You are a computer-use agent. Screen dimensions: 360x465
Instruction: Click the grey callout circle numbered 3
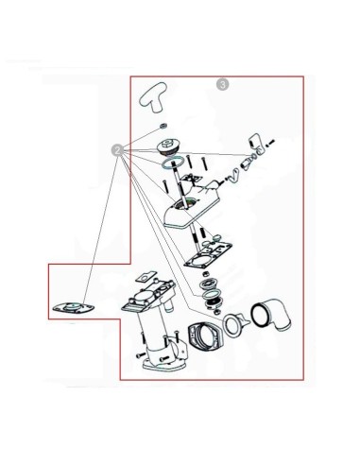223,84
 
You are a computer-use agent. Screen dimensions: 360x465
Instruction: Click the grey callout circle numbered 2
118,150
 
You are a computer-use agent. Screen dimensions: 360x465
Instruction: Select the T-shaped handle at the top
153,97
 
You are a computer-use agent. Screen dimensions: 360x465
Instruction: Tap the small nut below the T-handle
163,126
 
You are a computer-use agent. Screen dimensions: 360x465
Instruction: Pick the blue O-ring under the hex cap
173,163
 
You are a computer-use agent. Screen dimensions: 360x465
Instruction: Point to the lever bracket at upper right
258,144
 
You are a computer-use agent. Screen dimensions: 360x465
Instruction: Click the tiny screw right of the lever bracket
271,143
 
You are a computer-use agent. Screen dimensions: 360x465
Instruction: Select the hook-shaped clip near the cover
233,176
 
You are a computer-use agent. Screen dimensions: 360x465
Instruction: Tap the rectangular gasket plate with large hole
209,255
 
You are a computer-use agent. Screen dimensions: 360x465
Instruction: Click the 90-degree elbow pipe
271,317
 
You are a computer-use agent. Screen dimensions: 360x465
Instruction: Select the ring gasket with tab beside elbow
235,324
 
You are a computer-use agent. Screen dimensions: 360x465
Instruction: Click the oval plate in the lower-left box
73,307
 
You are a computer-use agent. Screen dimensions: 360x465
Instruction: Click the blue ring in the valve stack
209,295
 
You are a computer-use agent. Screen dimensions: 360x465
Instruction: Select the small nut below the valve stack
216,312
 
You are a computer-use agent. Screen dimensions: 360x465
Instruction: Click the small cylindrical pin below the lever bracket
246,164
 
